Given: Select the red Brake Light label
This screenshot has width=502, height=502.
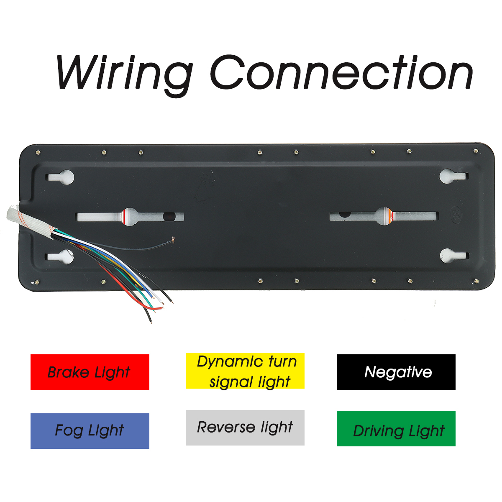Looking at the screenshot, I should pos(90,372).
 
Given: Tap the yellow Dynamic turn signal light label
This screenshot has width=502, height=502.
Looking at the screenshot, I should pos(245,371).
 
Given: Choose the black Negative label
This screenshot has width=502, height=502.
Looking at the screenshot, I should pos(396,372).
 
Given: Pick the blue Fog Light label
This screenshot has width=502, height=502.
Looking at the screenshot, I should pos(90,431).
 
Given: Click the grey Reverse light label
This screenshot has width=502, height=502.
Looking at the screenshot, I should pos(245,428).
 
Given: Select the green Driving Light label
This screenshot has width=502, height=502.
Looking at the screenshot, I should pos(396,429).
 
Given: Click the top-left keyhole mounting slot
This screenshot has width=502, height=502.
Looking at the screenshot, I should pos(61,177).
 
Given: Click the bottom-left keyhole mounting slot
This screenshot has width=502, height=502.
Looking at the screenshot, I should pos(61,256).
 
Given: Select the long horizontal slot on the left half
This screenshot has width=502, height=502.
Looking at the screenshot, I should pos(130,217).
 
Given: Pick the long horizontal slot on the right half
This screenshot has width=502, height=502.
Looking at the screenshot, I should pos(383,216).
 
